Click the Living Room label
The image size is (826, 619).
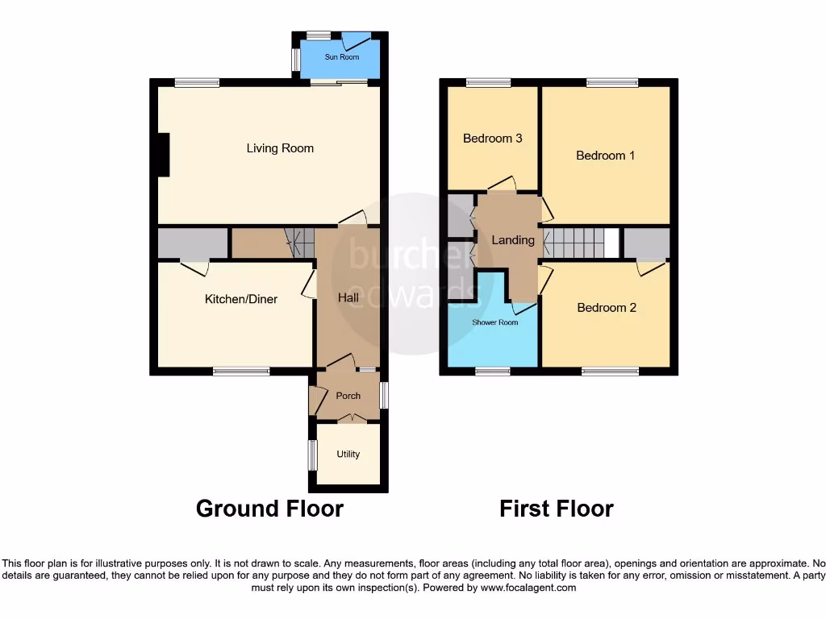[x=280, y=148]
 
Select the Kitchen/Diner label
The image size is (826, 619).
[x=240, y=299]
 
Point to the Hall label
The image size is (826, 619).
[x=348, y=298]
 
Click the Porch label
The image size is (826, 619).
[x=348, y=396]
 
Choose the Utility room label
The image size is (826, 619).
[x=348, y=455]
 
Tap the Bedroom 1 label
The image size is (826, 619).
[x=605, y=156]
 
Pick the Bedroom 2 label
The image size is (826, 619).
[x=607, y=308]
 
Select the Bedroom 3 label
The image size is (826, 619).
[x=492, y=139]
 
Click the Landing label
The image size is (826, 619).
[x=513, y=240]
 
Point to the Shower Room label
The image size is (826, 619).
[x=494, y=322]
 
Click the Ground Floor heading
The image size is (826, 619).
[x=269, y=509]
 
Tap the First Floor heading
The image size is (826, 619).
[x=556, y=509]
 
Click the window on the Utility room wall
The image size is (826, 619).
[x=311, y=455]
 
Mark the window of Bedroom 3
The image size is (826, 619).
[x=489, y=81]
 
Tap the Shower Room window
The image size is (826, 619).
[x=492, y=372]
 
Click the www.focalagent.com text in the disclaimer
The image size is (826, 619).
[x=529, y=588]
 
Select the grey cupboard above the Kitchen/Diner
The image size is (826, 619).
[x=193, y=243]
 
